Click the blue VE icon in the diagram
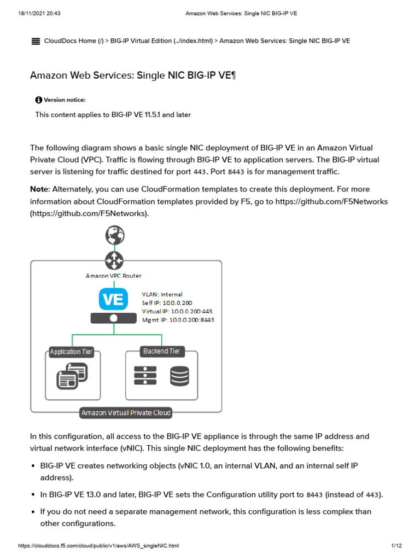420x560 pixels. [x=113, y=299]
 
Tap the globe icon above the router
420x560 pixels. [x=115, y=235]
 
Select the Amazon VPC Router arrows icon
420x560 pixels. [x=115, y=260]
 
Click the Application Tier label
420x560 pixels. [x=71, y=352]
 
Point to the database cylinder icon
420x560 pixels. [x=179, y=376]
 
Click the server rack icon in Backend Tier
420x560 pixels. [x=145, y=376]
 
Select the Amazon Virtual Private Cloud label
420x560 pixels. [x=126, y=413]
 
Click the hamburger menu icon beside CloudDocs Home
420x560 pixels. [x=36, y=41]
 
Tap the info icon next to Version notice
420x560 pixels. [x=38, y=100]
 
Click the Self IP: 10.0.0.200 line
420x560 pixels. [x=167, y=303]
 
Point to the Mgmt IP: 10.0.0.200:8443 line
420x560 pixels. [x=178, y=320]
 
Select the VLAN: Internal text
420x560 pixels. [x=162, y=294]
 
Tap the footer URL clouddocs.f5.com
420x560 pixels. [x=98, y=546]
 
